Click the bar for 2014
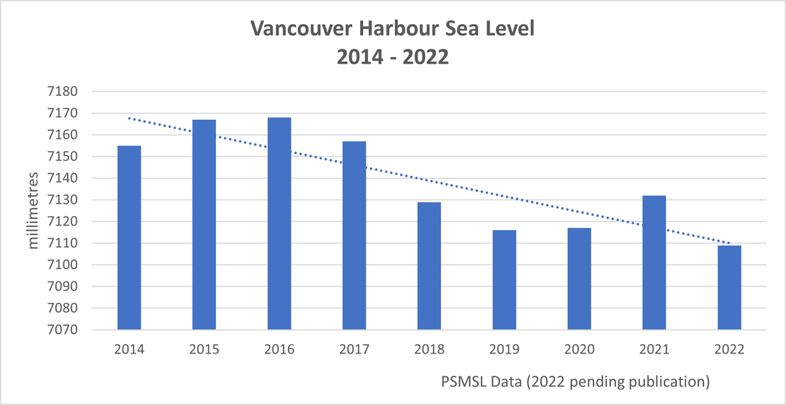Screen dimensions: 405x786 click(x=129, y=238)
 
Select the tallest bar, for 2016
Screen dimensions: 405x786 click(x=279, y=224)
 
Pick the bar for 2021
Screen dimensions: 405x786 click(x=655, y=263)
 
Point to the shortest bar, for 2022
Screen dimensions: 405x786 click(x=730, y=288)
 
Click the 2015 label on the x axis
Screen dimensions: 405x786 click(x=204, y=350)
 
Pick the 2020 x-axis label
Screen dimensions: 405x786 click(x=579, y=350)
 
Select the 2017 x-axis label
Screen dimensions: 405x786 click(x=354, y=350)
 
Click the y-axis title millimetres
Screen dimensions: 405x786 click(x=34, y=211)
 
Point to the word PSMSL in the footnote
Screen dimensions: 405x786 click(x=464, y=381)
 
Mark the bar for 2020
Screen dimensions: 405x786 click(x=579, y=279)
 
